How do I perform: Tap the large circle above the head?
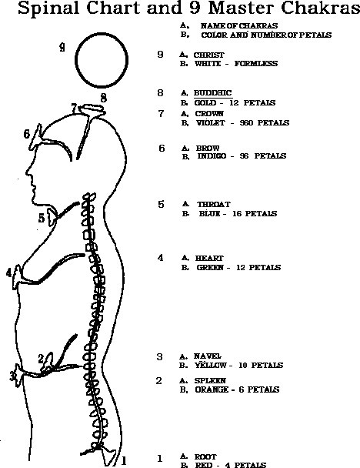click(75, 60)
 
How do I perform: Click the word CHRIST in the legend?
click(208, 55)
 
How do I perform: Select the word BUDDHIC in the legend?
click(212, 93)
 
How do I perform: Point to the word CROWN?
click(209, 114)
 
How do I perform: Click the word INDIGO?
click(212, 156)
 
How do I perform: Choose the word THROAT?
click(214, 205)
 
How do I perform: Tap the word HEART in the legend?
click(209, 258)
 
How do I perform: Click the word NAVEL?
click(207, 356)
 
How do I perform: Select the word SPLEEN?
click(210, 381)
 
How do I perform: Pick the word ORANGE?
click(212, 389)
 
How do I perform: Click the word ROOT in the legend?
click(205, 457)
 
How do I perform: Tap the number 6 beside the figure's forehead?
click(27, 134)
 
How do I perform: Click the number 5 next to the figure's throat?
click(42, 218)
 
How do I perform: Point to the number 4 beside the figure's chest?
click(9, 272)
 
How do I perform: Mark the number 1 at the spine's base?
click(124, 461)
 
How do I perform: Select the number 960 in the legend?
click(246, 123)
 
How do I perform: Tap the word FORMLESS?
click(256, 64)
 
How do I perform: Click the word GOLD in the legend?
click(205, 103)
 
